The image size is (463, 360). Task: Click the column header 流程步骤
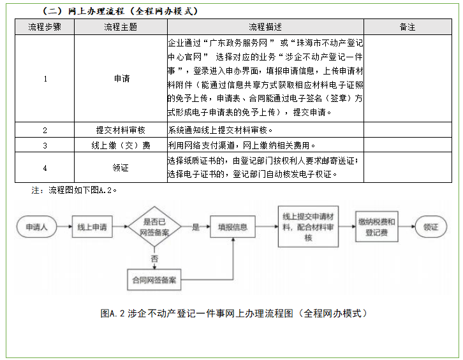[45, 27]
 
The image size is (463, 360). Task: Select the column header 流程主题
[121, 27]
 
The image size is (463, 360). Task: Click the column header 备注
[407, 27]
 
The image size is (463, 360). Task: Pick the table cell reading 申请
[121, 79]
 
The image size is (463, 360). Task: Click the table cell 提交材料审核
[121, 130]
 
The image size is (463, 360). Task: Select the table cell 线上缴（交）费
[121, 145]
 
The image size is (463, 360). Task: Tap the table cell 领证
[121, 168]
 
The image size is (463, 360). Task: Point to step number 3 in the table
[45, 145]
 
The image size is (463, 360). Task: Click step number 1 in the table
[45, 79]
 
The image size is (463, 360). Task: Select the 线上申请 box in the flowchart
[92, 227]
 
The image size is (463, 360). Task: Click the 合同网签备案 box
[154, 279]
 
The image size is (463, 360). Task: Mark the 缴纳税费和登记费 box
[376, 227]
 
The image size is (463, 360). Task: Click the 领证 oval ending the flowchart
[430, 227]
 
